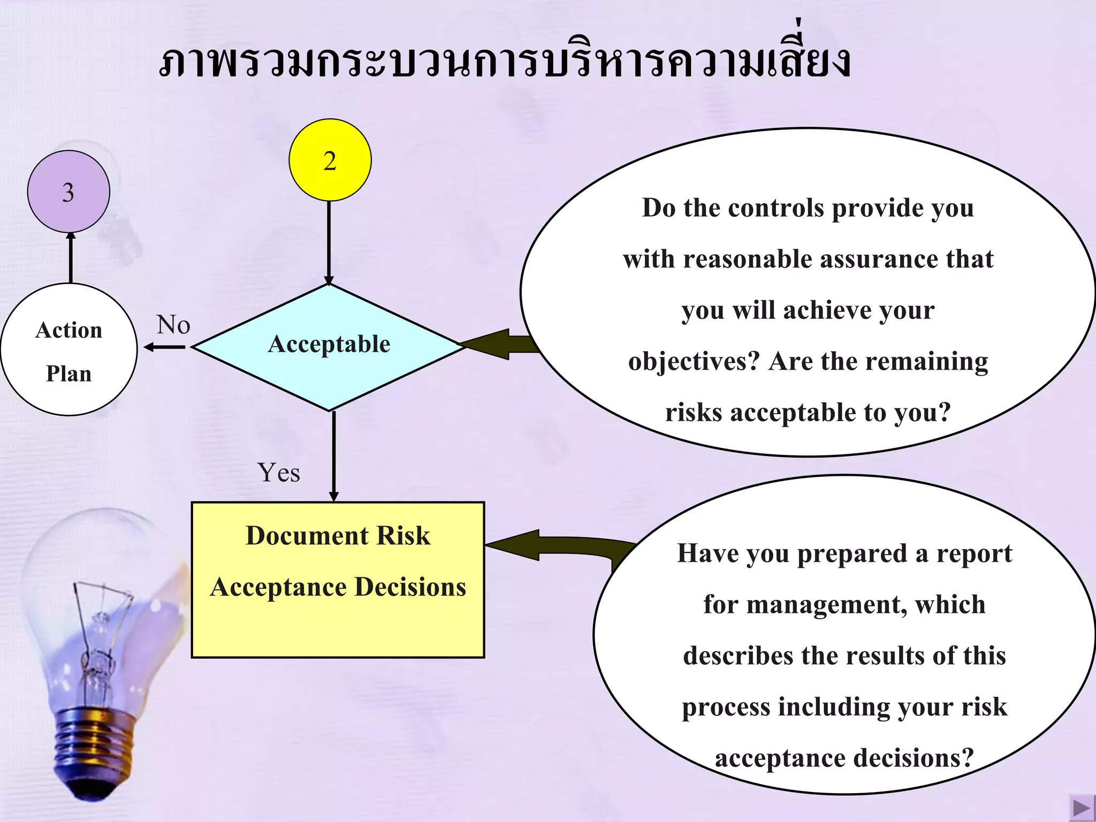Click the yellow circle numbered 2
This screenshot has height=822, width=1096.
pos(330,160)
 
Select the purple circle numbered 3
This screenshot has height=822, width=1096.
pos(68,192)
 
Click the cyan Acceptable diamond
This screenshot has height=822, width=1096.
pos(329,347)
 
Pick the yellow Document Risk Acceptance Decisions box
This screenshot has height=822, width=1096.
pos(338,580)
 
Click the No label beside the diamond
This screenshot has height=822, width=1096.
pos(173,325)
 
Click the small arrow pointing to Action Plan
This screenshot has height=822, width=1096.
pos(164,347)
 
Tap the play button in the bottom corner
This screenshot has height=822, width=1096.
pos(1081,807)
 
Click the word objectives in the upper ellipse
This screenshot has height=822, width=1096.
pos(694,362)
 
